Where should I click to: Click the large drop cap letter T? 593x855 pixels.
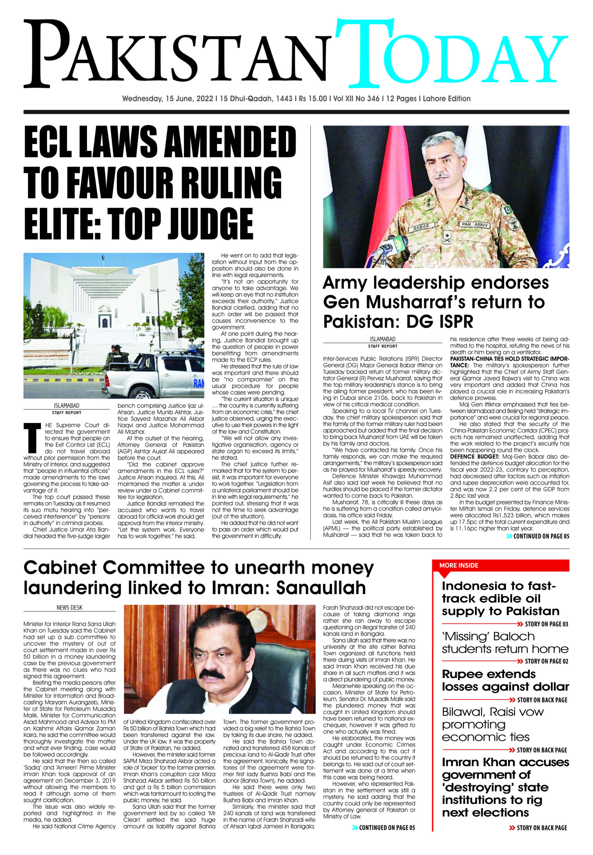[32, 438]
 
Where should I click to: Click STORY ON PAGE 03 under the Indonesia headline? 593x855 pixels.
[546, 624]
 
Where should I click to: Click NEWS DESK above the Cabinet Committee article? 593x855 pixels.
[69, 608]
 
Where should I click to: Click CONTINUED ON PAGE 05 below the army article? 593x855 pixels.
[541, 536]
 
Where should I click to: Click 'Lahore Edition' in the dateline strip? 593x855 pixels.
[447, 99]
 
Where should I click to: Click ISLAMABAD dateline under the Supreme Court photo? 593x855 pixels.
[67, 406]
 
